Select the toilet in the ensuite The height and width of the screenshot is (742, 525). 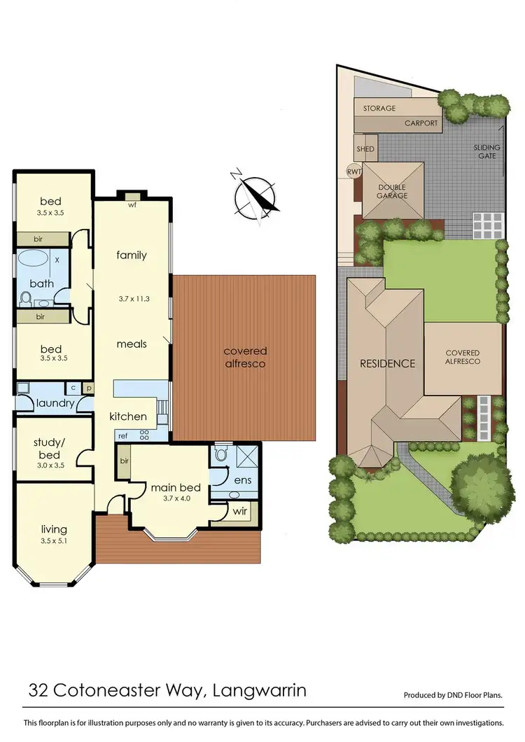pyautogui.click(x=220, y=456)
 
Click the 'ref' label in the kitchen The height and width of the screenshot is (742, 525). pyautogui.click(x=122, y=435)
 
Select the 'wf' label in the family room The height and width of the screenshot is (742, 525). pyautogui.click(x=132, y=206)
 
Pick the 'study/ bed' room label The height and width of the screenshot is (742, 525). pyautogui.click(x=48, y=448)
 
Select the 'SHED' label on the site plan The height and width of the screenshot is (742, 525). pyautogui.click(x=365, y=149)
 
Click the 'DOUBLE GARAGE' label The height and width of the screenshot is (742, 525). pyautogui.click(x=393, y=192)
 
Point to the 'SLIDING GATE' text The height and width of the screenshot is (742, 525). pyautogui.click(x=487, y=151)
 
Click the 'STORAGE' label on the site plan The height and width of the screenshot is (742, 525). pyautogui.click(x=379, y=108)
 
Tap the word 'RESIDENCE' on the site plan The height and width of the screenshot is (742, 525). pyautogui.click(x=387, y=363)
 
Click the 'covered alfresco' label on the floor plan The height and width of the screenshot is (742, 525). pyautogui.click(x=246, y=357)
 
